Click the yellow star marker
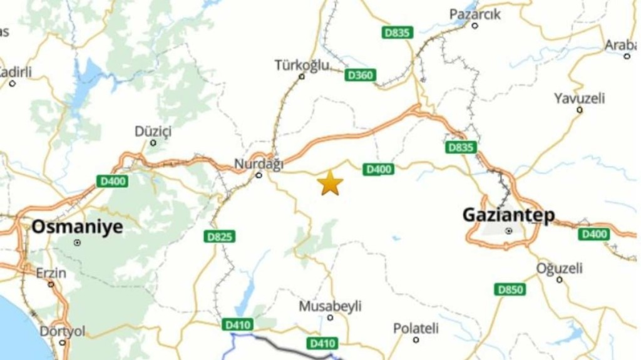click(x=330, y=183)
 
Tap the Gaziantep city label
click(x=508, y=215)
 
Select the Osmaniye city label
click(x=77, y=227)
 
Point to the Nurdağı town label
click(x=259, y=164)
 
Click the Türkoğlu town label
click(x=301, y=65)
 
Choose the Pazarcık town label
click(x=475, y=14)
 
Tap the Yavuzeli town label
click(x=579, y=98)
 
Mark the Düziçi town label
click(x=153, y=131)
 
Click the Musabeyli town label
click(x=330, y=306)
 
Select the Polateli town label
click(x=416, y=329)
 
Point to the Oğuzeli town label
click(x=559, y=269)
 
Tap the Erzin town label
click(x=51, y=274)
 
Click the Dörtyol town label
click(x=62, y=331)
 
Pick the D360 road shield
click(x=360, y=75)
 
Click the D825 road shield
click(x=220, y=237)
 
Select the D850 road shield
click(x=510, y=289)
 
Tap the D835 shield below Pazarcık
click(x=397, y=33)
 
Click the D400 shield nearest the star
click(x=379, y=169)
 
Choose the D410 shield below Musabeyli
click(x=322, y=343)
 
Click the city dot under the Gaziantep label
click(x=509, y=231)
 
